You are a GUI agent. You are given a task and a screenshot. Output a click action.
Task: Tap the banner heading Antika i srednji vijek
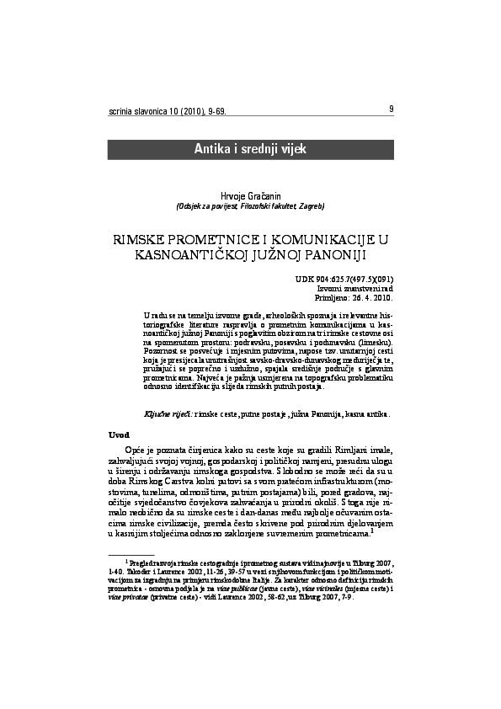[x=250, y=149]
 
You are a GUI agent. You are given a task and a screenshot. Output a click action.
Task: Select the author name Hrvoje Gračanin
[x=250, y=195]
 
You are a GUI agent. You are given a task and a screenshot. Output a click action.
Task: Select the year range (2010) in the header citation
[x=184, y=111]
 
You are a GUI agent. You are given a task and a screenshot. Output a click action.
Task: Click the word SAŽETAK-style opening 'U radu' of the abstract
[x=154, y=312]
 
